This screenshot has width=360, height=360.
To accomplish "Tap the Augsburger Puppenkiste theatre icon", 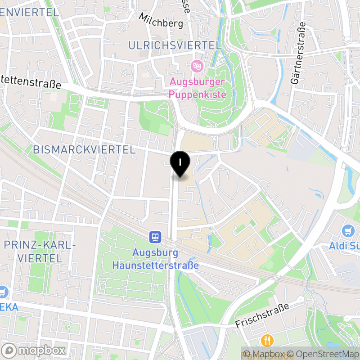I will click(196, 66).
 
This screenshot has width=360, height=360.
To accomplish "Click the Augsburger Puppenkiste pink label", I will click(197, 88).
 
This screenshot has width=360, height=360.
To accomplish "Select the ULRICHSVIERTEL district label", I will click(175, 45).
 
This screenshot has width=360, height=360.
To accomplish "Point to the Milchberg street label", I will click(161, 20).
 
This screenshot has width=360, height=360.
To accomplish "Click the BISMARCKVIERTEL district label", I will click(84, 150).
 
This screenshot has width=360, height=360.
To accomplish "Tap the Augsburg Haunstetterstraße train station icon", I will click(156, 237).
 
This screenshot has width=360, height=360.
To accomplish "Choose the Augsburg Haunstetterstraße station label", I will click(155, 259).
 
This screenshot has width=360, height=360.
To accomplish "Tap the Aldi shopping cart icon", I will click(348, 231).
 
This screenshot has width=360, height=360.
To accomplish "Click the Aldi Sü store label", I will click(344, 247).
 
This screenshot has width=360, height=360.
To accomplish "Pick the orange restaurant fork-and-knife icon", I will click(267, 340).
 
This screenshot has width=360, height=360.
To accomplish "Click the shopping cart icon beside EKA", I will click(3, 292).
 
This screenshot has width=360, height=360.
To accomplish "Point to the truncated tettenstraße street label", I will click(31, 83).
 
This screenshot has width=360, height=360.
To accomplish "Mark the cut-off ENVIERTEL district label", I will click(30, 12).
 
